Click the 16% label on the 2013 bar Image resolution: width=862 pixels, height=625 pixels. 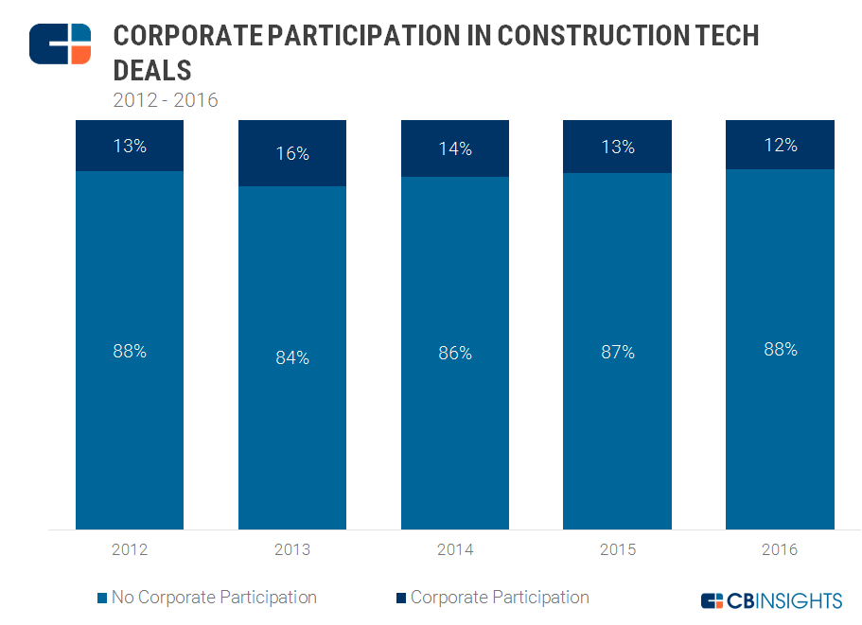click(x=292, y=153)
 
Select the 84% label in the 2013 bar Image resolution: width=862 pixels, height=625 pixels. click(x=292, y=357)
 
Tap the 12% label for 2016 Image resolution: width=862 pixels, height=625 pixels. click(x=780, y=146)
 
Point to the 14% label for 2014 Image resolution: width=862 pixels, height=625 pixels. click(x=455, y=148)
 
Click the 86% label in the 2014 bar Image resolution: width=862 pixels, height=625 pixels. click(x=455, y=353)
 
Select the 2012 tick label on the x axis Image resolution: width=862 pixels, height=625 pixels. click(x=130, y=549)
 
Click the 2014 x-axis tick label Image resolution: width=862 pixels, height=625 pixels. click(x=455, y=549)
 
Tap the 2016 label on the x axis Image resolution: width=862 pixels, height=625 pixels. click(x=780, y=549)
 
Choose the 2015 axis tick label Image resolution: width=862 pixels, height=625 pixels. click(x=617, y=549)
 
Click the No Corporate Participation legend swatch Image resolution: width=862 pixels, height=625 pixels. click(x=102, y=599)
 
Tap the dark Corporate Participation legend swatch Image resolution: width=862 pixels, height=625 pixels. click(x=401, y=599)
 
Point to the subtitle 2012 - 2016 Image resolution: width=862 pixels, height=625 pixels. click(x=166, y=100)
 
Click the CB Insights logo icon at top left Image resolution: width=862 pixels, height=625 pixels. click(x=60, y=43)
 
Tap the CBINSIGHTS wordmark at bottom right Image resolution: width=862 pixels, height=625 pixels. click(x=783, y=600)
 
